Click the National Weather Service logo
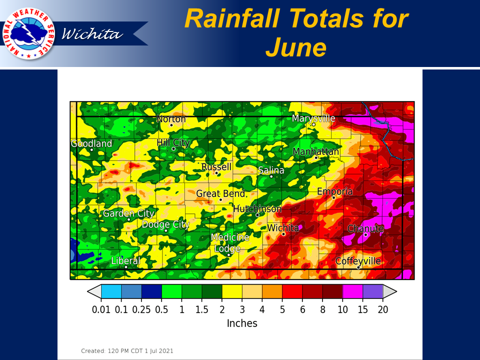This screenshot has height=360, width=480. click(x=28, y=33)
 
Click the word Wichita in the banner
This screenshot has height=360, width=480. click(x=92, y=33)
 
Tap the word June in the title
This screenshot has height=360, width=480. click(x=296, y=47)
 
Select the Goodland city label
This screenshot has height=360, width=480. click(x=91, y=143)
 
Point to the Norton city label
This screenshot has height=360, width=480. click(x=171, y=119)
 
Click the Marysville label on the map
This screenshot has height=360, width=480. click(x=313, y=118)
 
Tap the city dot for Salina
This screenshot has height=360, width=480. click(x=271, y=176)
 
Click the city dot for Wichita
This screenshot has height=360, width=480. click(x=284, y=234)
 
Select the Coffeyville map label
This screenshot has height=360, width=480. click(x=358, y=261)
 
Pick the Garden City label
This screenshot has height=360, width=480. click(x=128, y=213)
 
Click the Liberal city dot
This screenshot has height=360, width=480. click(x=126, y=267)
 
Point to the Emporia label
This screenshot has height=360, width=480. click(x=334, y=191)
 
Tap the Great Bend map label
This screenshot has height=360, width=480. click(x=220, y=193)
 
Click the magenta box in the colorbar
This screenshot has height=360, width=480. click(x=352, y=291)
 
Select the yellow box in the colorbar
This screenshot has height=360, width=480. click(x=232, y=291)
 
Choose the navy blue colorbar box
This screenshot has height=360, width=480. click(x=151, y=291)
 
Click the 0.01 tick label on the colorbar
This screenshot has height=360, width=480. click(x=101, y=309)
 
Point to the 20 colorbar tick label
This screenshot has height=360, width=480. click(x=383, y=309)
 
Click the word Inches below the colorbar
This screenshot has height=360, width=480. click(x=242, y=323)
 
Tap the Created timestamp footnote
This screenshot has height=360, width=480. click(x=127, y=351)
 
